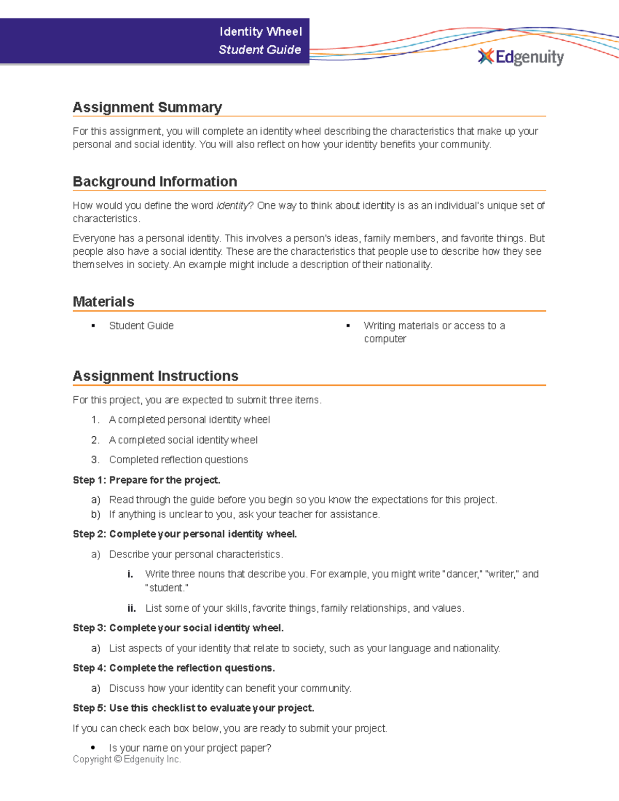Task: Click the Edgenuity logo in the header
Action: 521,57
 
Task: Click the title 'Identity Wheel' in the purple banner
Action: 260,31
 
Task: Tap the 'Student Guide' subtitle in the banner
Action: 259,50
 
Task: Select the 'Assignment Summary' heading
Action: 147,107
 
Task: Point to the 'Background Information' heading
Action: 155,182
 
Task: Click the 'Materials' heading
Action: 103,302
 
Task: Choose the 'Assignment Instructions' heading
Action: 155,376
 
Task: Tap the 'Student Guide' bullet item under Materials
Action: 141,325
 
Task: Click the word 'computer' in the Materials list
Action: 385,339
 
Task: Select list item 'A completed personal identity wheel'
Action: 189,420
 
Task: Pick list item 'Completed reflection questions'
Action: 178,460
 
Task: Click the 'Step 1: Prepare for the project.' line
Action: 146,480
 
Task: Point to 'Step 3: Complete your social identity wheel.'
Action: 178,628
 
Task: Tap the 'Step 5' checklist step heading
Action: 193,708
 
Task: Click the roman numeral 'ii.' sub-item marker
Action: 132,609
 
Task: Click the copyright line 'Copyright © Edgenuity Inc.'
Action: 127,759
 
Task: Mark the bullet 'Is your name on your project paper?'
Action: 190,748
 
